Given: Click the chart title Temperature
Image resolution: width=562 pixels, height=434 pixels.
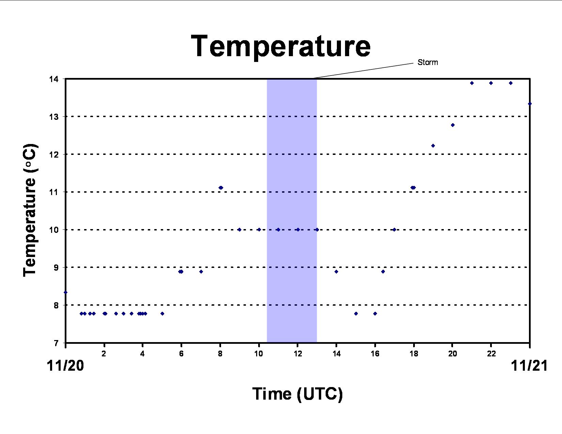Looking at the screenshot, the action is [x=281, y=47].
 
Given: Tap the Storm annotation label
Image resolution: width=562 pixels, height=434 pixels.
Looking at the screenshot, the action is [x=428, y=62].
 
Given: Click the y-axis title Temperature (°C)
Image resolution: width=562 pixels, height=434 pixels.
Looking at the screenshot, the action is [x=30, y=210].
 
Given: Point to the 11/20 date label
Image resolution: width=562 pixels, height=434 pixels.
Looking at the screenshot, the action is [x=65, y=366].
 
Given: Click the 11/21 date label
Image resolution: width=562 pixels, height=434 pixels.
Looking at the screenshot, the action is [x=529, y=366].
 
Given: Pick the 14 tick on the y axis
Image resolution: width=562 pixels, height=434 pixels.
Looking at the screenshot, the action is [x=54, y=79].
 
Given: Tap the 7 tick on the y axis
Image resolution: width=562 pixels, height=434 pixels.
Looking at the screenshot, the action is [x=56, y=343].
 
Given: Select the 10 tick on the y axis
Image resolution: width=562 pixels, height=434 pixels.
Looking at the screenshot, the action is [x=54, y=230].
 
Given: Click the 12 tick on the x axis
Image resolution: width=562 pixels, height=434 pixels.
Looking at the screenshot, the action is [x=298, y=354].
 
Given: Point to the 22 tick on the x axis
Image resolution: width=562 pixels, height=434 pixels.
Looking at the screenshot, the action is [x=491, y=354].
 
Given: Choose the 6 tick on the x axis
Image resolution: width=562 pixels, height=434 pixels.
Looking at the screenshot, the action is [x=181, y=354].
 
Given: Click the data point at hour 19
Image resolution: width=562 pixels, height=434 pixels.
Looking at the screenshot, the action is [x=433, y=146].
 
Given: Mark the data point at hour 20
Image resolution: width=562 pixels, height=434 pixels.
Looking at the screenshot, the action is [x=453, y=125].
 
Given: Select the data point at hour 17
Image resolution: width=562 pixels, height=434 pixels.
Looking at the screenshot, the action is [x=394, y=229].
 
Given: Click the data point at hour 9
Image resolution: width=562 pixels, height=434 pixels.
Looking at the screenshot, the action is [x=239, y=229].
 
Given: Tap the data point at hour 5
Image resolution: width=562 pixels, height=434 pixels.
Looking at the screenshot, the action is [x=162, y=314].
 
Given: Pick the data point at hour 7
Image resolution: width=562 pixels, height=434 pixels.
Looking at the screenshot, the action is [x=201, y=272].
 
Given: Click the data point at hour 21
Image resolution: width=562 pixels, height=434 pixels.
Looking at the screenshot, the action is [x=472, y=83].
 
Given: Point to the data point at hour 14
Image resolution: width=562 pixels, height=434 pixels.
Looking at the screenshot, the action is [x=336, y=272].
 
